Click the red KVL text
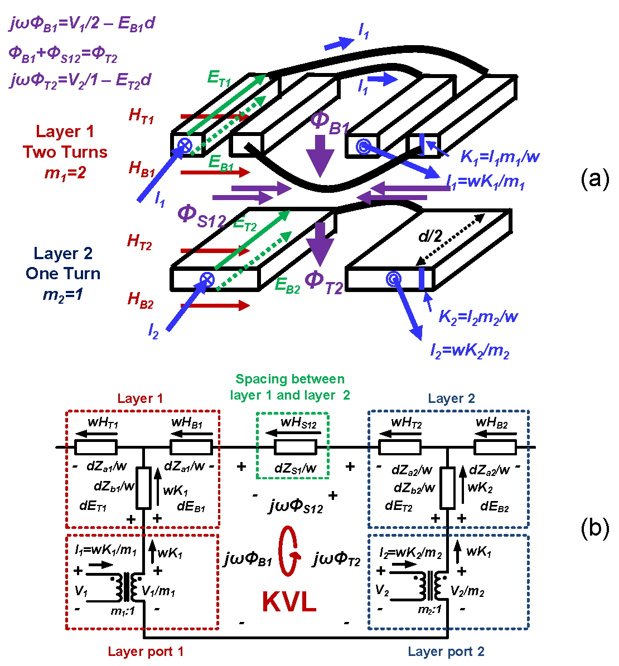[x=289, y=602]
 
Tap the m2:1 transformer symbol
[x=432, y=586]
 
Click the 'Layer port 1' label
[x=146, y=652]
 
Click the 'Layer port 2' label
[x=446, y=652]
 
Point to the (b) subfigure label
[x=594, y=527]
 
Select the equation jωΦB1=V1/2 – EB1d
[x=83, y=24]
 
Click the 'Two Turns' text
[x=65, y=152]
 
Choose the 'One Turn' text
[x=63, y=274]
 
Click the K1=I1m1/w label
[x=500, y=157]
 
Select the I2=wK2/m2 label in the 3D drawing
[x=470, y=351]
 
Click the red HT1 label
[x=141, y=116]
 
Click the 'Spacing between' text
[x=290, y=380]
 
